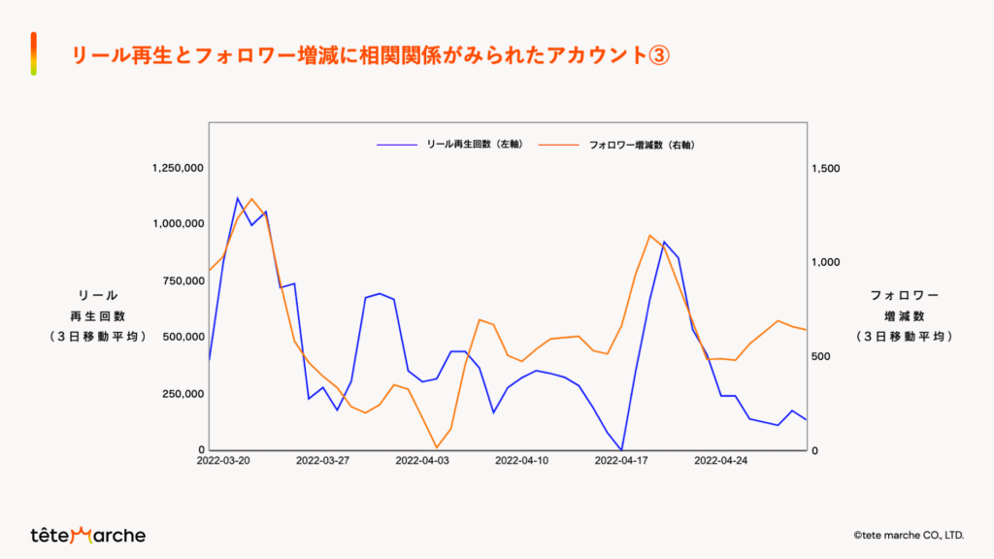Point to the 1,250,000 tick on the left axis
click(178, 168)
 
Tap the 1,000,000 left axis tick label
click(178, 224)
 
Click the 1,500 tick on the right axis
click(825, 168)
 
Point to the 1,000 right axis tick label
click(825, 262)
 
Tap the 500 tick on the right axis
click(820, 356)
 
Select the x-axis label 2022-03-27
click(322, 461)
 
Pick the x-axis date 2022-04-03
click(422, 461)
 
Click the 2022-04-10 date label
click(521, 461)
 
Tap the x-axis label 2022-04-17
click(621, 461)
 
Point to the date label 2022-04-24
click(720, 461)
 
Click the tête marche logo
click(87, 535)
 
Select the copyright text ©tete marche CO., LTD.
click(908, 535)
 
